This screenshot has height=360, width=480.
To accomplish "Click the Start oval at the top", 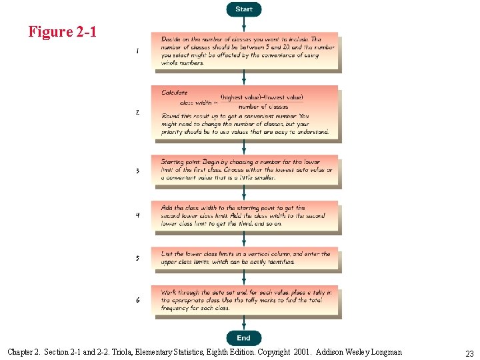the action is (x=244, y=9).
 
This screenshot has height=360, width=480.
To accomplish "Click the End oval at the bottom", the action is (x=244, y=338).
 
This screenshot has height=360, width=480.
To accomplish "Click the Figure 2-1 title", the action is (x=63, y=31).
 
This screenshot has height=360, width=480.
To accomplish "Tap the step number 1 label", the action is (x=137, y=51).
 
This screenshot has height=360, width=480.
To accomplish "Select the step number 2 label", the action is (x=137, y=113).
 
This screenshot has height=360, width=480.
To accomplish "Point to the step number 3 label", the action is (x=137, y=171).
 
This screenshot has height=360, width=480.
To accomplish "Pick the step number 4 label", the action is (x=137, y=215).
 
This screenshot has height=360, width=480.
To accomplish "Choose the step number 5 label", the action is (x=137, y=258).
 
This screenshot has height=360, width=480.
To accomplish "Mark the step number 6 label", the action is (x=137, y=300).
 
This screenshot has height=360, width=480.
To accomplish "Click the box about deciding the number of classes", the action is (x=245, y=51).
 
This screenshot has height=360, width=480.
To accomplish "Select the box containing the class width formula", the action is (x=245, y=113).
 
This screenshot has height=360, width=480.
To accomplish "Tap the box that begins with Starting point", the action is (x=245, y=171).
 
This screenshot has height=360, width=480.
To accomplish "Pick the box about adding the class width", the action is (x=245, y=216).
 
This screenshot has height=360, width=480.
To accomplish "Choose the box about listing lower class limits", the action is (x=245, y=258).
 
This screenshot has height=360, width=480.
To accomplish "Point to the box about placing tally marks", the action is (x=245, y=300).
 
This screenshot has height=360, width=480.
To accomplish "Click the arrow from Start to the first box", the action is (x=244, y=24).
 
